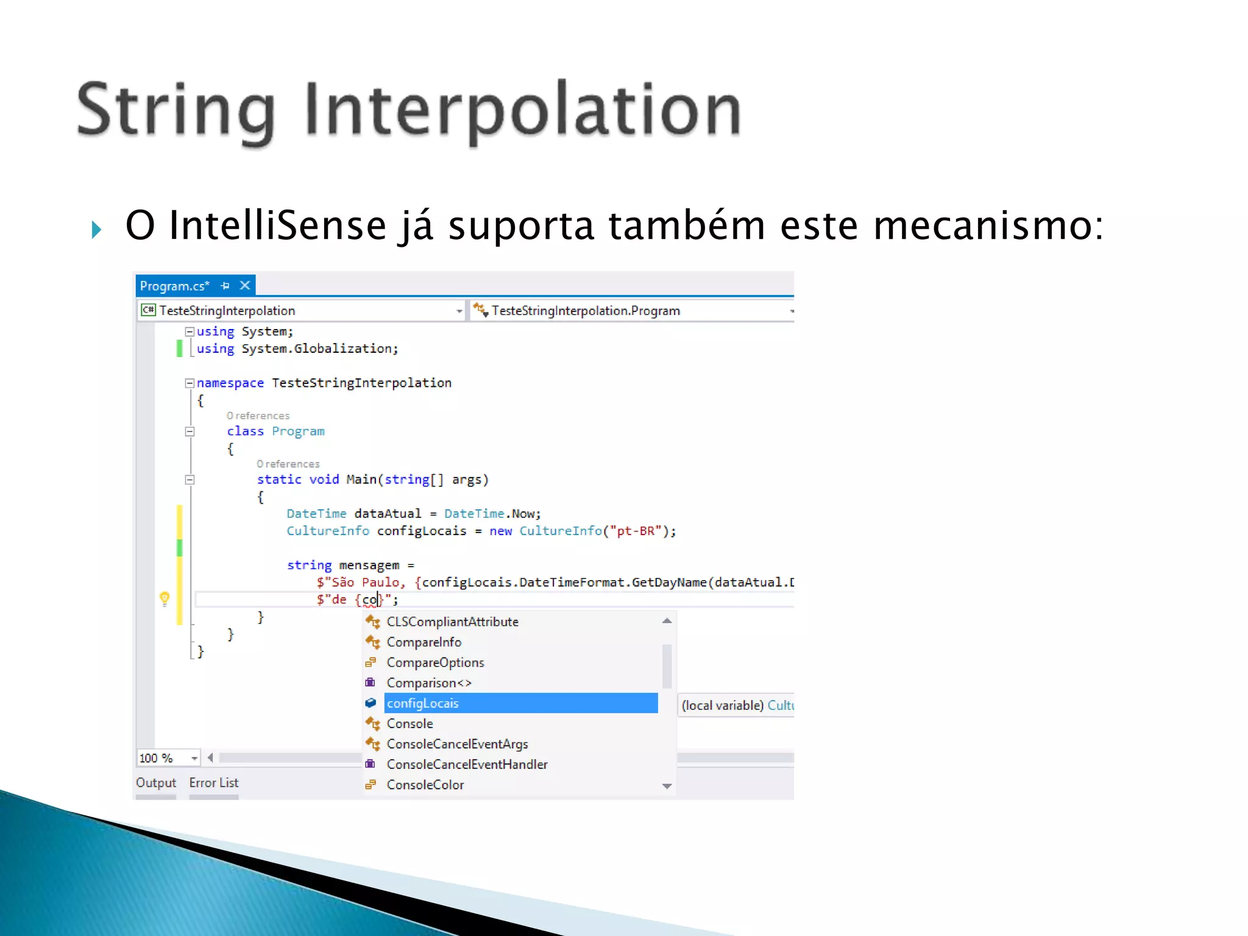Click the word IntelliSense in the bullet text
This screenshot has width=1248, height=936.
(277, 225)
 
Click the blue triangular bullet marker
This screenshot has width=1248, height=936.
(96, 230)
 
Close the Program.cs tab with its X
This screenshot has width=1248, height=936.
(245, 285)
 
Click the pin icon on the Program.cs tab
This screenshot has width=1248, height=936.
(225, 285)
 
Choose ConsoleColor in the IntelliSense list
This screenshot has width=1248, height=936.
(425, 785)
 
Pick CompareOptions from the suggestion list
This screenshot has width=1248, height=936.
(435, 662)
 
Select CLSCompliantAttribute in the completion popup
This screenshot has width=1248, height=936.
(452, 622)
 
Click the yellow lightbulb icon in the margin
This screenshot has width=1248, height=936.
(165, 598)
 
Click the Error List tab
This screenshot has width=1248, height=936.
(213, 783)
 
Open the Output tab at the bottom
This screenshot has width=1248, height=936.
(156, 783)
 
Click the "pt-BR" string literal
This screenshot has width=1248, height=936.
(636, 531)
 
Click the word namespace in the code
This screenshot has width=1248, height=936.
(230, 383)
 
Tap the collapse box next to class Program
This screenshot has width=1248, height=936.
(190, 431)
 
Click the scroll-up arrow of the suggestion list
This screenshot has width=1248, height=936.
(667, 621)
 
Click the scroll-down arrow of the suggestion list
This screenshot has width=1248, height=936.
(667, 786)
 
